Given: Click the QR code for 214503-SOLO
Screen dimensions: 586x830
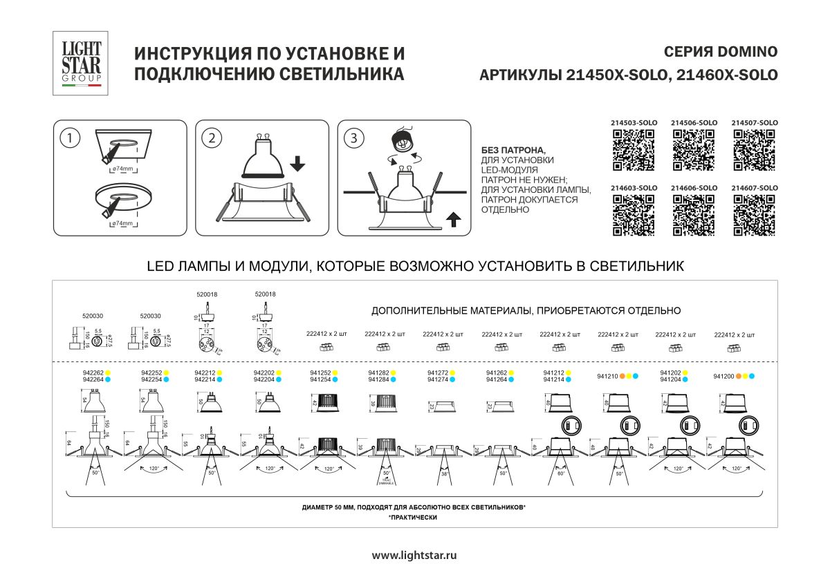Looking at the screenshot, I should pyautogui.click(x=634, y=151).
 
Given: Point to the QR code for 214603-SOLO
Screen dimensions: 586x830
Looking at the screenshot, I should pyautogui.click(x=634, y=216).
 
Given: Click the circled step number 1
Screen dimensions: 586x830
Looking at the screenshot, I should pyautogui.click(x=68, y=138).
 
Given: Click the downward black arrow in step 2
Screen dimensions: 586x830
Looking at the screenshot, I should pyautogui.click(x=297, y=164).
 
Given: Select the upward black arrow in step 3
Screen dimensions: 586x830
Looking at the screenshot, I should pyautogui.click(x=453, y=220).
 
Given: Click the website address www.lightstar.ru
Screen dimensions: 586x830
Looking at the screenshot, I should pyautogui.click(x=414, y=555).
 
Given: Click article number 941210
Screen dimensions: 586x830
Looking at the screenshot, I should pyautogui.click(x=607, y=376).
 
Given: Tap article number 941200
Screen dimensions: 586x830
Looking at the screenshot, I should pyautogui.click(x=723, y=376).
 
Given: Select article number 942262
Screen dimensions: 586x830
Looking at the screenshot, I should pyautogui.click(x=93, y=372).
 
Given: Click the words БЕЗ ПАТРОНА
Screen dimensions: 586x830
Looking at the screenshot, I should pyautogui.click(x=513, y=150).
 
